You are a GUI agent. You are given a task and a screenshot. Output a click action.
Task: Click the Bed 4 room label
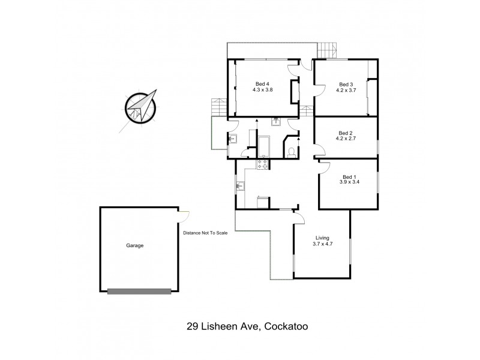[x=262, y=84]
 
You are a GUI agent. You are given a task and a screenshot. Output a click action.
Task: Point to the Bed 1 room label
[x=349, y=175]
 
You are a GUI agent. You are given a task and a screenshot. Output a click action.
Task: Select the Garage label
[x=134, y=245]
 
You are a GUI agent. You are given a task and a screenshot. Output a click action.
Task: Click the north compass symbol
[x=140, y=107]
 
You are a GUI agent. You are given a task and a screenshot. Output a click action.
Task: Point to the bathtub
[x=264, y=147]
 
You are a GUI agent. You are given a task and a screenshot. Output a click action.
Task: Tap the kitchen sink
[x=239, y=187]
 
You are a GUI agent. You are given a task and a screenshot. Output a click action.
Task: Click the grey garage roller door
[x=139, y=292]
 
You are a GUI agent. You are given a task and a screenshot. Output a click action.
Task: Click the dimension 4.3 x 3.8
[x=262, y=90]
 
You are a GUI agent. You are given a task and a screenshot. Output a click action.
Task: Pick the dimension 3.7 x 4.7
[x=322, y=244]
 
